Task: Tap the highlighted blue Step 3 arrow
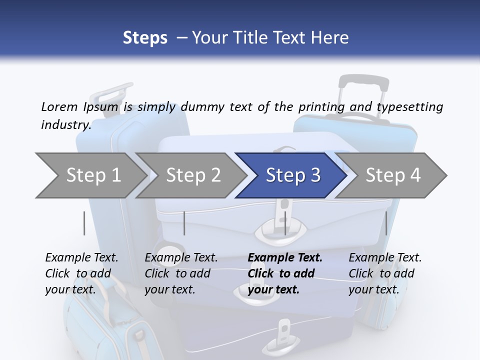pos(292,175)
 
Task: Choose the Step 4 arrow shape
pos(393,175)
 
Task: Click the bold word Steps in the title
pos(145,37)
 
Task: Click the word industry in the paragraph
pos(65,125)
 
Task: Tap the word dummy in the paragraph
pos(202,107)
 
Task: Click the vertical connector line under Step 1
pos(84,223)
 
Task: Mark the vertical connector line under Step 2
pos(184,223)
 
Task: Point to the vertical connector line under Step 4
pos(386,223)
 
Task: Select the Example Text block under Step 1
pos(81,273)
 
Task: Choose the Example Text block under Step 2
pos(181,273)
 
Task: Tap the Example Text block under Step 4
pos(385,273)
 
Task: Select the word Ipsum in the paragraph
pos(104,107)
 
